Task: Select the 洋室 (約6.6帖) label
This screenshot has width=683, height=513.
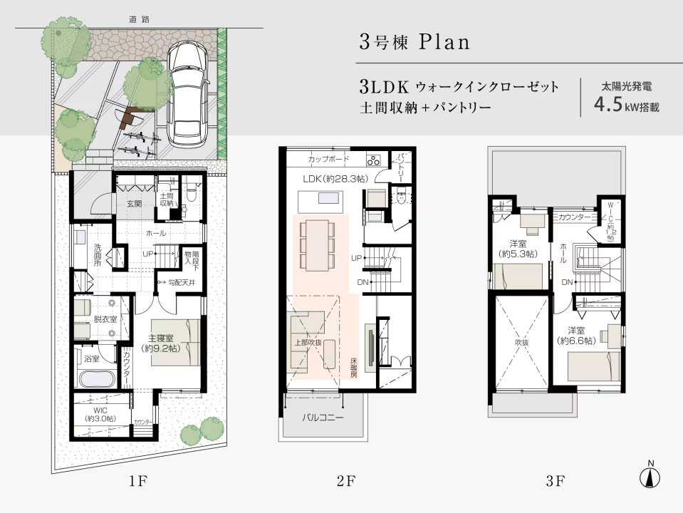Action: coord(581,336)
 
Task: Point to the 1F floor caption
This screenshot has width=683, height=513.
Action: coord(137,481)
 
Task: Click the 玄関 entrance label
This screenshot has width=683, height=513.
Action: coord(135,204)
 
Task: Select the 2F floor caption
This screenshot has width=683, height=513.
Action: coord(345,481)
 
